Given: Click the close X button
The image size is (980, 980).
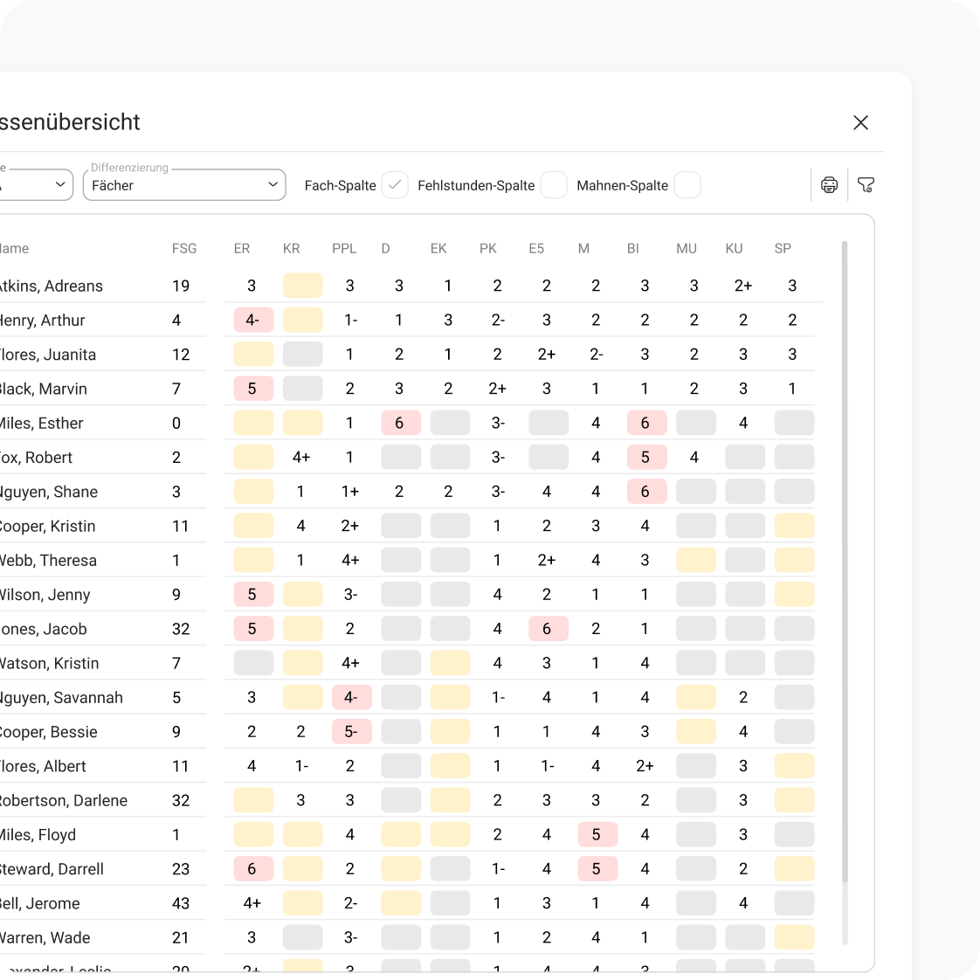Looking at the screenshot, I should click(860, 123).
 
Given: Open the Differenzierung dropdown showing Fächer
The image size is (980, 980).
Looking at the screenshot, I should click(184, 185).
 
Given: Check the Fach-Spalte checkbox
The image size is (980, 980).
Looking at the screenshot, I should click(395, 185).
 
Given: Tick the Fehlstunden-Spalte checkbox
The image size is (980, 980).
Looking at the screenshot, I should click(554, 185).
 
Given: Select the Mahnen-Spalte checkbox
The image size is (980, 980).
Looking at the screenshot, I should click(687, 185).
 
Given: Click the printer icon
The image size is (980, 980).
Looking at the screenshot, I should click(829, 185).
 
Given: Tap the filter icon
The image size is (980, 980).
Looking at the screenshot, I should click(866, 185).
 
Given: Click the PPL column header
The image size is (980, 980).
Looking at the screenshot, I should click(344, 249).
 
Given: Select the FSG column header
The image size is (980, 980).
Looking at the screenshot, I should click(184, 249).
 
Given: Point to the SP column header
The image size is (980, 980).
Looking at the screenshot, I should click(783, 249).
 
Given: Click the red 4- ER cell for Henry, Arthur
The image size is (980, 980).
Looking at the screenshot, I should click(252, 321).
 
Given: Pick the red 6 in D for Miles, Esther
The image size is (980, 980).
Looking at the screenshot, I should click(400, 424).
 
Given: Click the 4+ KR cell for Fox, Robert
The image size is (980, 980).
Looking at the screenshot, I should click(301, 458).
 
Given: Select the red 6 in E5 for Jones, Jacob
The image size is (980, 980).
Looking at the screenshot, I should click(548, 629).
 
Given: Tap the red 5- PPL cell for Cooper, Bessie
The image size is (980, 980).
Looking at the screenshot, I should click(351, 732).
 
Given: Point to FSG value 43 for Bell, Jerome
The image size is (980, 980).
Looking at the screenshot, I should click(181, 904).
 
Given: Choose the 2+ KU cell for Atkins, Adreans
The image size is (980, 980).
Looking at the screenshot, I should click(743, 286).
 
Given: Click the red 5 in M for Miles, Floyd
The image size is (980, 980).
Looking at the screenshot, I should click(597, 835).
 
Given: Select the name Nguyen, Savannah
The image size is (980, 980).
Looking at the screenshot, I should click(61, 698).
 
